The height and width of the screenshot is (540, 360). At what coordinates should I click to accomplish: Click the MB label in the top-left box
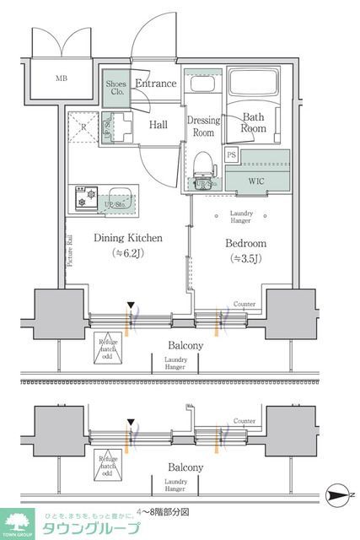[x=62, y=79]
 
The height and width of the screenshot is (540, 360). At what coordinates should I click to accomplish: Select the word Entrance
[x=156, y=84]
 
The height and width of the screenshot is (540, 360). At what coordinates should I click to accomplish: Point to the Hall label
[x=158, y=125]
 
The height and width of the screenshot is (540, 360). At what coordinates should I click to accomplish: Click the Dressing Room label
[x=203, y=127]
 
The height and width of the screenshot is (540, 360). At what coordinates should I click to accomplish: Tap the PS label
[x=232, y=155]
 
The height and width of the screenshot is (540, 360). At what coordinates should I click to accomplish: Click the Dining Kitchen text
[x=127, y=239]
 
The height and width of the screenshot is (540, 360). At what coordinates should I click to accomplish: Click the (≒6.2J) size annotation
[x=127, y=253]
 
